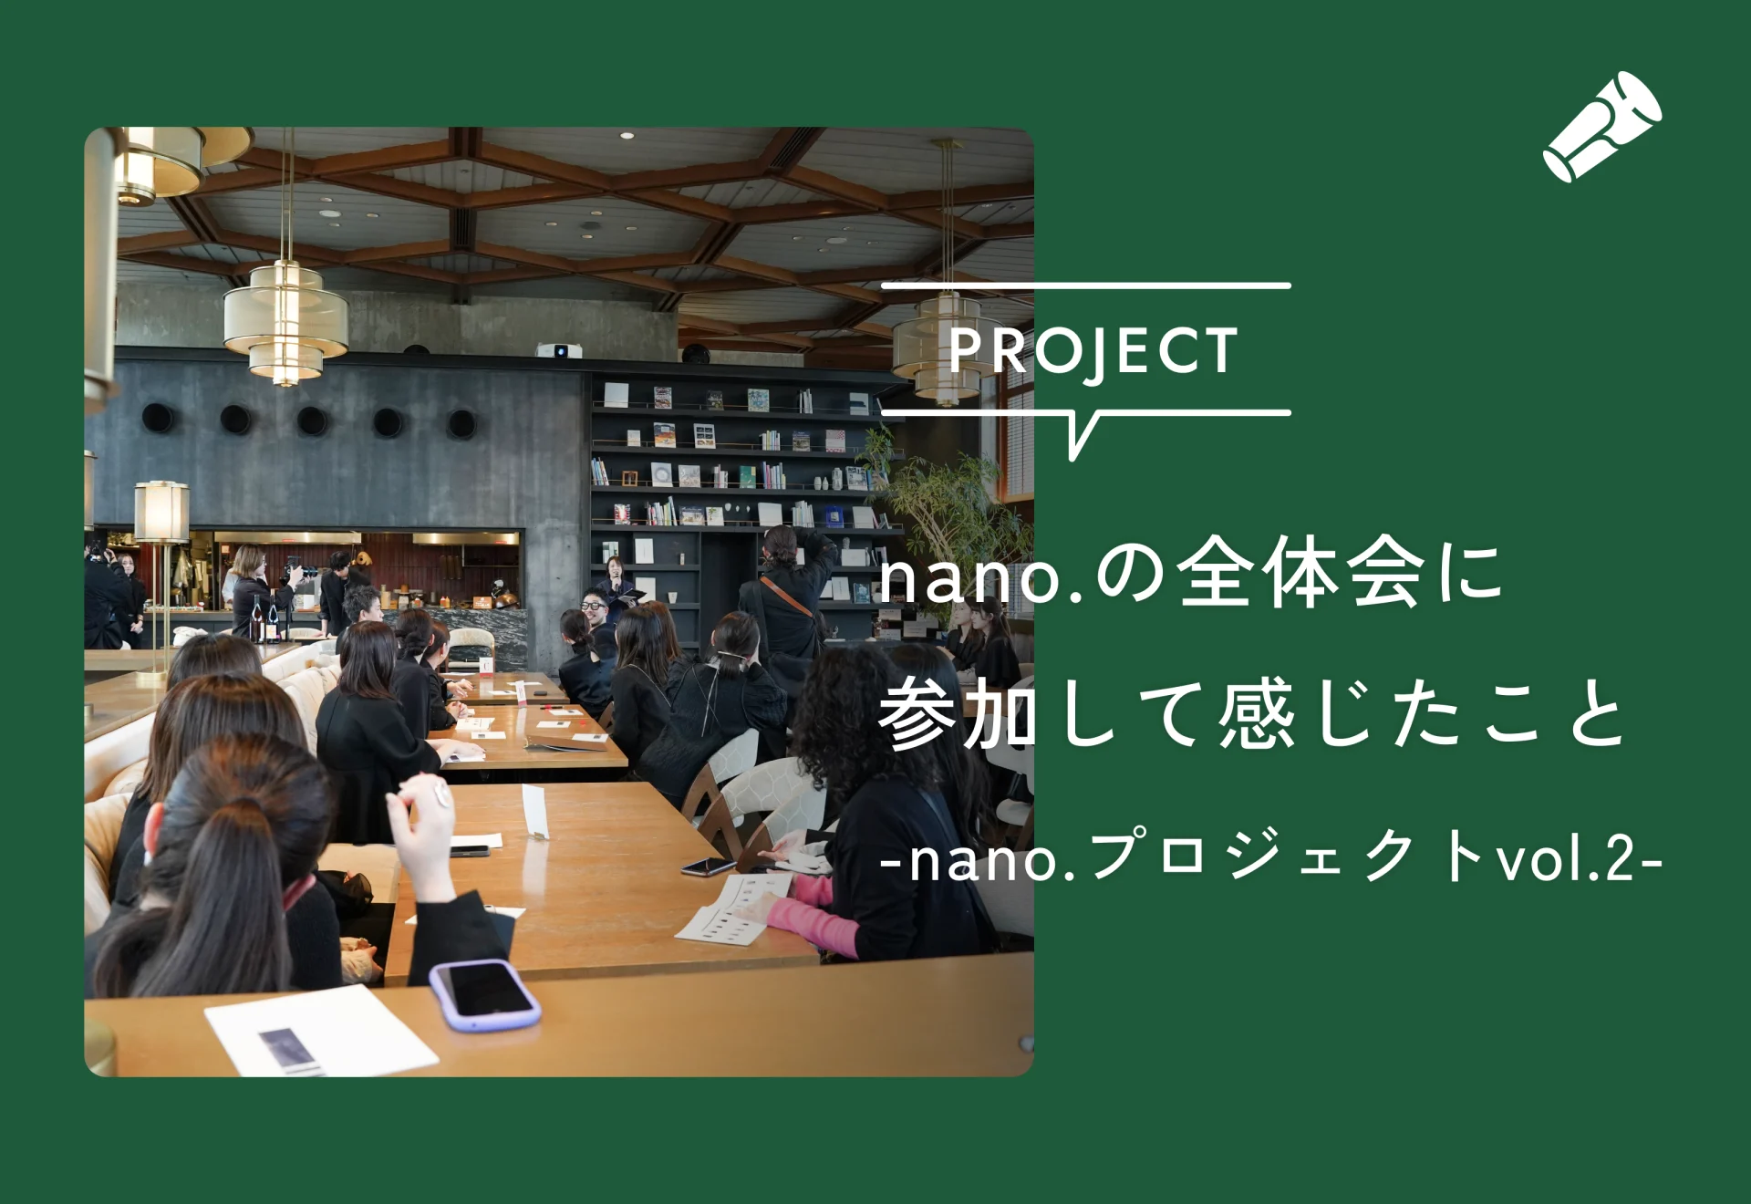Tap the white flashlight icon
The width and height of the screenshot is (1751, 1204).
click(1602, 127)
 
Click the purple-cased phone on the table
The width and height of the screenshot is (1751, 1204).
click(484, 994)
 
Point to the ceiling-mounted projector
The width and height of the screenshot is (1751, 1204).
click(559, 350)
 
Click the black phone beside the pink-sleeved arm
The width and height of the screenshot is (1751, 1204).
click(709, 867)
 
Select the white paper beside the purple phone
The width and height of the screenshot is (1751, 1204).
click(321, 1031)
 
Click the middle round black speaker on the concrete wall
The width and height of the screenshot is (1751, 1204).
click(312, 420)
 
